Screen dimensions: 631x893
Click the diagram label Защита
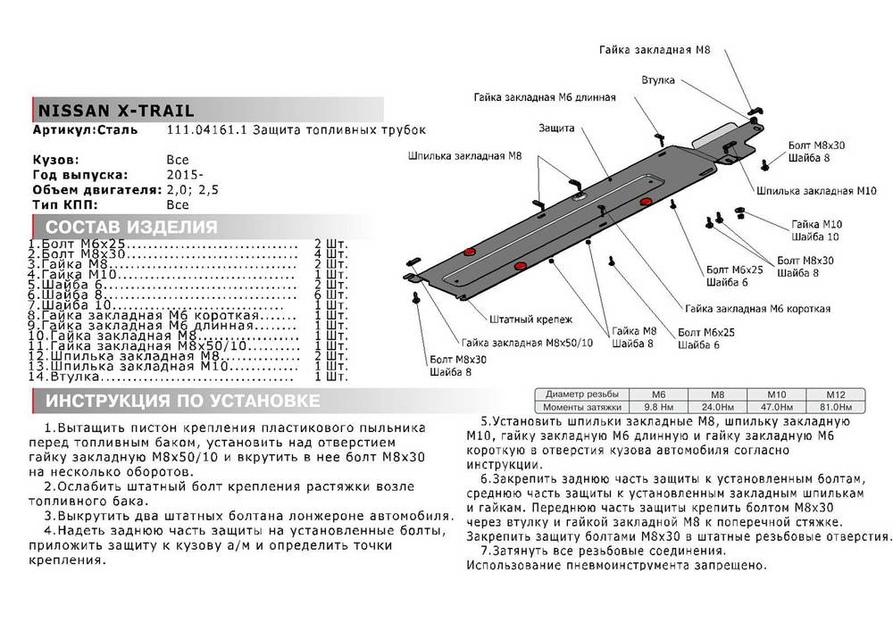click(555, 129)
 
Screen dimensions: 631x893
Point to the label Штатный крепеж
click(524, 319)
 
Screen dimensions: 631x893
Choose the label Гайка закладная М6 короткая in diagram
click(757, 309)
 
